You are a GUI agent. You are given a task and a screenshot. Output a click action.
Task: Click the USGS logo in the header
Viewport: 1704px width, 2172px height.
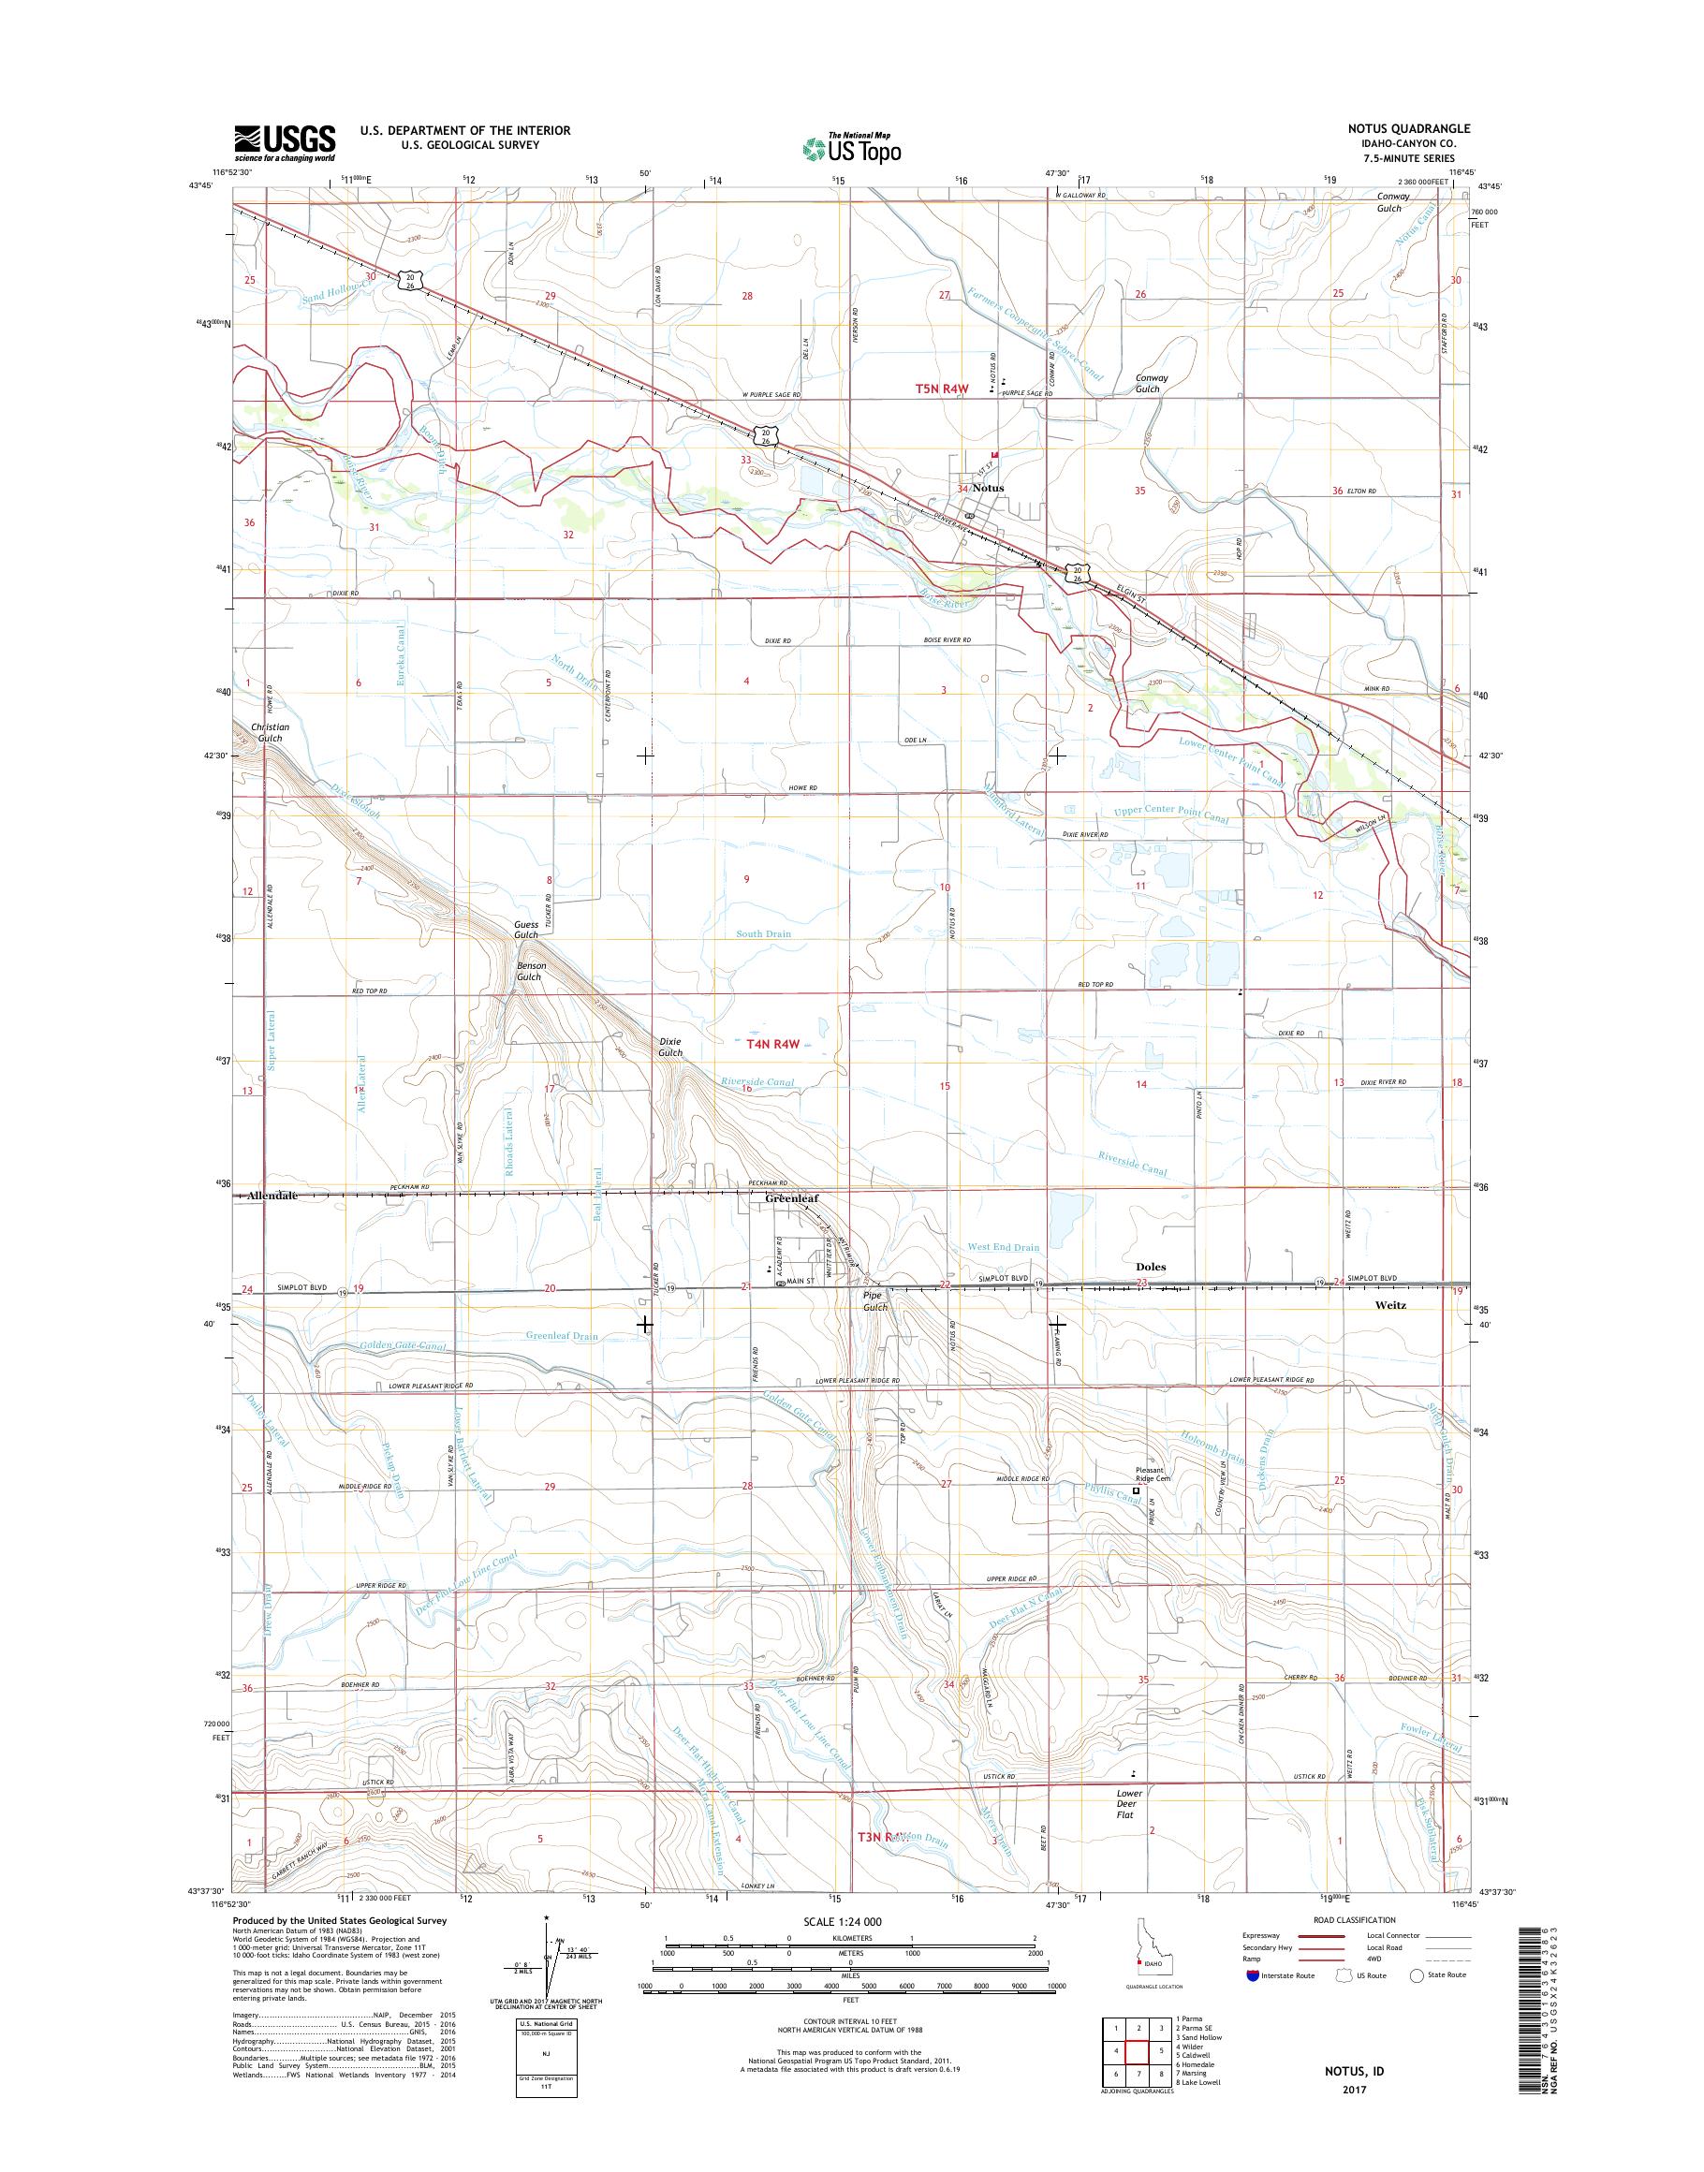(285, 143)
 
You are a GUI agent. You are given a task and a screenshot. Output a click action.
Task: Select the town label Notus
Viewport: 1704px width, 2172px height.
(988, 488)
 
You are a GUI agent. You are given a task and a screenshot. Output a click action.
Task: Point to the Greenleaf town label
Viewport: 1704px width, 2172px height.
(791, 1198)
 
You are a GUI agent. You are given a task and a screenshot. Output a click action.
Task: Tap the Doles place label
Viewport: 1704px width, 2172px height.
(1151, 1267)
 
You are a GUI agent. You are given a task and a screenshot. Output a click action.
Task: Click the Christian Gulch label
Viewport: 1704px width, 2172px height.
(270, 732)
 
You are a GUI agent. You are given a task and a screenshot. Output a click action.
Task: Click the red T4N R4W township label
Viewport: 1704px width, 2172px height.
(774, 1045)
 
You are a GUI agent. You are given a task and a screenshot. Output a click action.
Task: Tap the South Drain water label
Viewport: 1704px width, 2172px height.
(763, 933)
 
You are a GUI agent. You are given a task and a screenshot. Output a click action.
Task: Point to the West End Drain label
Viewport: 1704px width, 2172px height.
(1003, 1247)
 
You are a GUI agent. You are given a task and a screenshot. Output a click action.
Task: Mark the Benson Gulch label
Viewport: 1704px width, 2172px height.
(529, 972)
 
